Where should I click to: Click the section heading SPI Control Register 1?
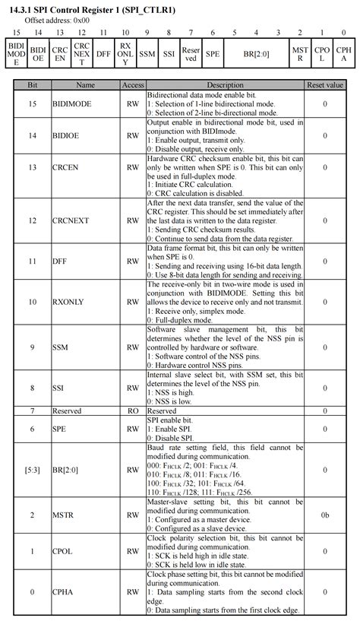point(99,9)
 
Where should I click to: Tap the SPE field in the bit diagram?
point(213,55)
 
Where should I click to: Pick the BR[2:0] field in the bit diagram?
point(256,55)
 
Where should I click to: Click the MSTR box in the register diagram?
point(301,55)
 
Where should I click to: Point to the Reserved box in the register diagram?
point(191,55)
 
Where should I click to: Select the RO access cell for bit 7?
point(133,410)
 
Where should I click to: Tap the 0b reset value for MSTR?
point(324,515)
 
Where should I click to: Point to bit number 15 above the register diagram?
point(16,33)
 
